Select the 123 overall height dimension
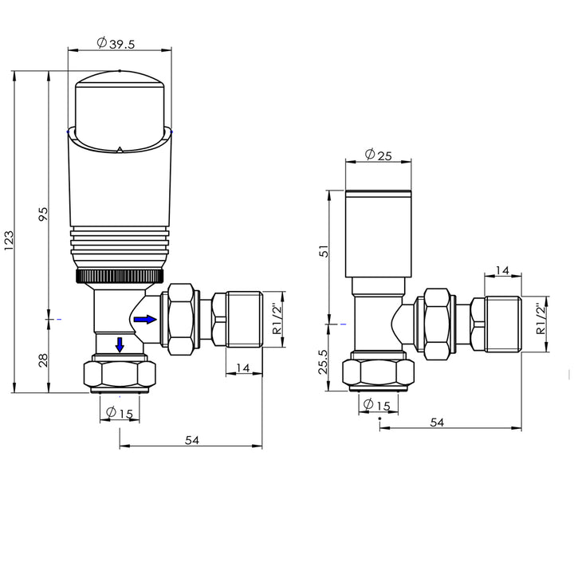point(9,238)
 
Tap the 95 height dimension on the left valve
point(44,214)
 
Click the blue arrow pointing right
point(145,319)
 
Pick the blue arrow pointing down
point(119,345)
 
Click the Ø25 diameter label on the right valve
point(378,155)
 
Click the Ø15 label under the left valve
point(120,413)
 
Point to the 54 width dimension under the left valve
point(191,440)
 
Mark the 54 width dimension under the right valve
point(436,423)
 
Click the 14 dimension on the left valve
point(244,368)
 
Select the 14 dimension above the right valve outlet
point(503,271)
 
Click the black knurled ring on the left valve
point(119,277)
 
